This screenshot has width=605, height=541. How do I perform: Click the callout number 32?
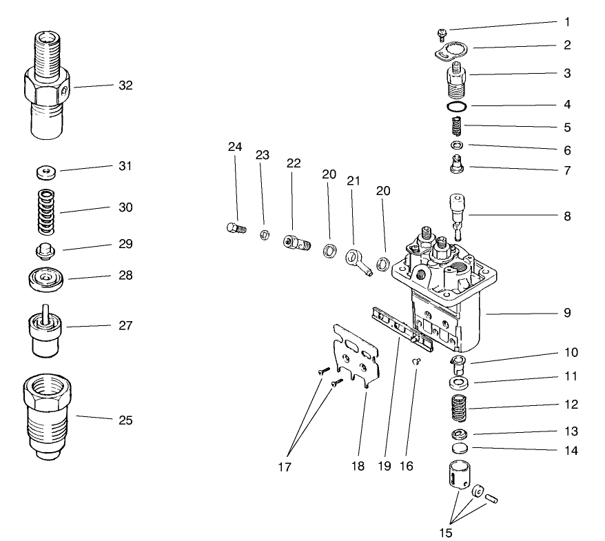[x=125, y=86]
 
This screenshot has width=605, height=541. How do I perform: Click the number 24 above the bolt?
[x=236, y=147]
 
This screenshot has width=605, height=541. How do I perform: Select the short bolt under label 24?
[x=236, y=229]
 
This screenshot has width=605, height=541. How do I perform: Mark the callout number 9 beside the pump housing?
[x=566, y=312]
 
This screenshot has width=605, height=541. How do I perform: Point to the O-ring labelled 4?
[x=456, y=107]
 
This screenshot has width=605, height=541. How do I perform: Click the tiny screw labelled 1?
[x=443, y=32]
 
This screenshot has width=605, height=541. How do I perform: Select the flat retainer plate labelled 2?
[x=452, y=50]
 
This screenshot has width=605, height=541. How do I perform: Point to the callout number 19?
[x=384, y=467]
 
